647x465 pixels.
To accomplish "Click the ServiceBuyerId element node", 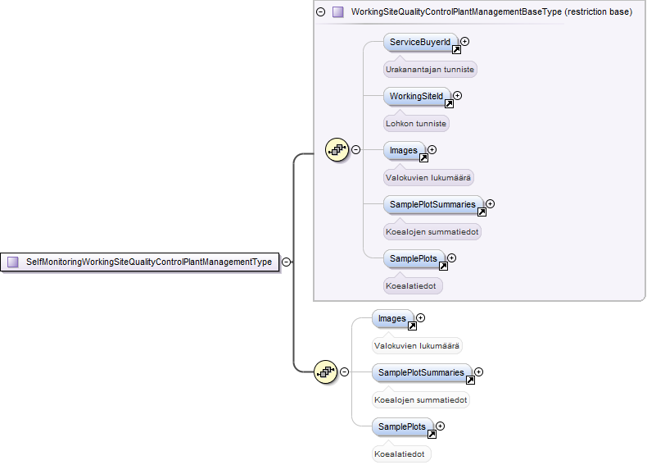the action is point(420,42).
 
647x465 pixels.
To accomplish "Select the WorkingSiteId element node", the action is point(417,96).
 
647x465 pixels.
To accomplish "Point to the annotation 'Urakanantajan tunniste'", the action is point(430,70).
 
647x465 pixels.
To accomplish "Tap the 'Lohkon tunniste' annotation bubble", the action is point(416,124).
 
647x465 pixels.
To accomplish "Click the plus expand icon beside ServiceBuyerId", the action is point(464,41).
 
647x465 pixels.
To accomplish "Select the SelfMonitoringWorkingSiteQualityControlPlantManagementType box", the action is point(140,262).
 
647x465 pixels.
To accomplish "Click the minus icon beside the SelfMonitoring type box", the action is point(286,262).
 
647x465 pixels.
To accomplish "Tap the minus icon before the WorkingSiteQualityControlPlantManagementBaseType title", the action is point(320,12).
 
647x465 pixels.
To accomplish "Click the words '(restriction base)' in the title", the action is point(599,12).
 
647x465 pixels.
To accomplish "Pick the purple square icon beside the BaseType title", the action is point(338,12).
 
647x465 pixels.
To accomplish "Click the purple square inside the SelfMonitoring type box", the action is point(13,262).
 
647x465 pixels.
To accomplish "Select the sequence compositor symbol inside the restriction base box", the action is point(337,150).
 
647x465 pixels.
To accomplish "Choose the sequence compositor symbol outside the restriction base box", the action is point(326,372).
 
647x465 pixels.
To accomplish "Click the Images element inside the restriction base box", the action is point(404,150).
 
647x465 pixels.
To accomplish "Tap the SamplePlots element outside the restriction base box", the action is point(402,427).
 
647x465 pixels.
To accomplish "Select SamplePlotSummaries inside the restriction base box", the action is point(433,204).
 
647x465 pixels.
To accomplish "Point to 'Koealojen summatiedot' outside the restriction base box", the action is point(420,400).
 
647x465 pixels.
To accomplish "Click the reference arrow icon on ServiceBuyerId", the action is point(456,50).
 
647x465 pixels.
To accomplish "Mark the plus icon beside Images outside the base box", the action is point(420,318).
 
